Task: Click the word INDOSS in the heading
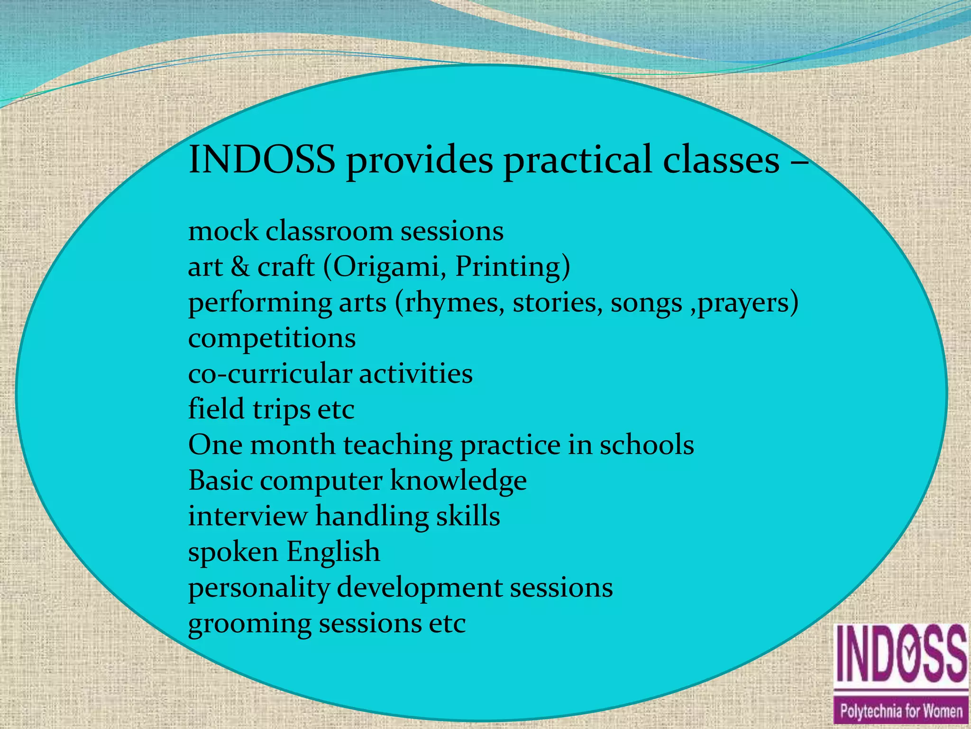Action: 262,159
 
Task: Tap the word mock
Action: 223,231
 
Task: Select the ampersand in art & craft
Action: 240,267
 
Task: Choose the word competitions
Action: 272,338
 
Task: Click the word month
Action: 293,445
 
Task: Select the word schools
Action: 647,445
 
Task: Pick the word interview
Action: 247,516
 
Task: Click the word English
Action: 333,552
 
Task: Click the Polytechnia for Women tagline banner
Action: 901,711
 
